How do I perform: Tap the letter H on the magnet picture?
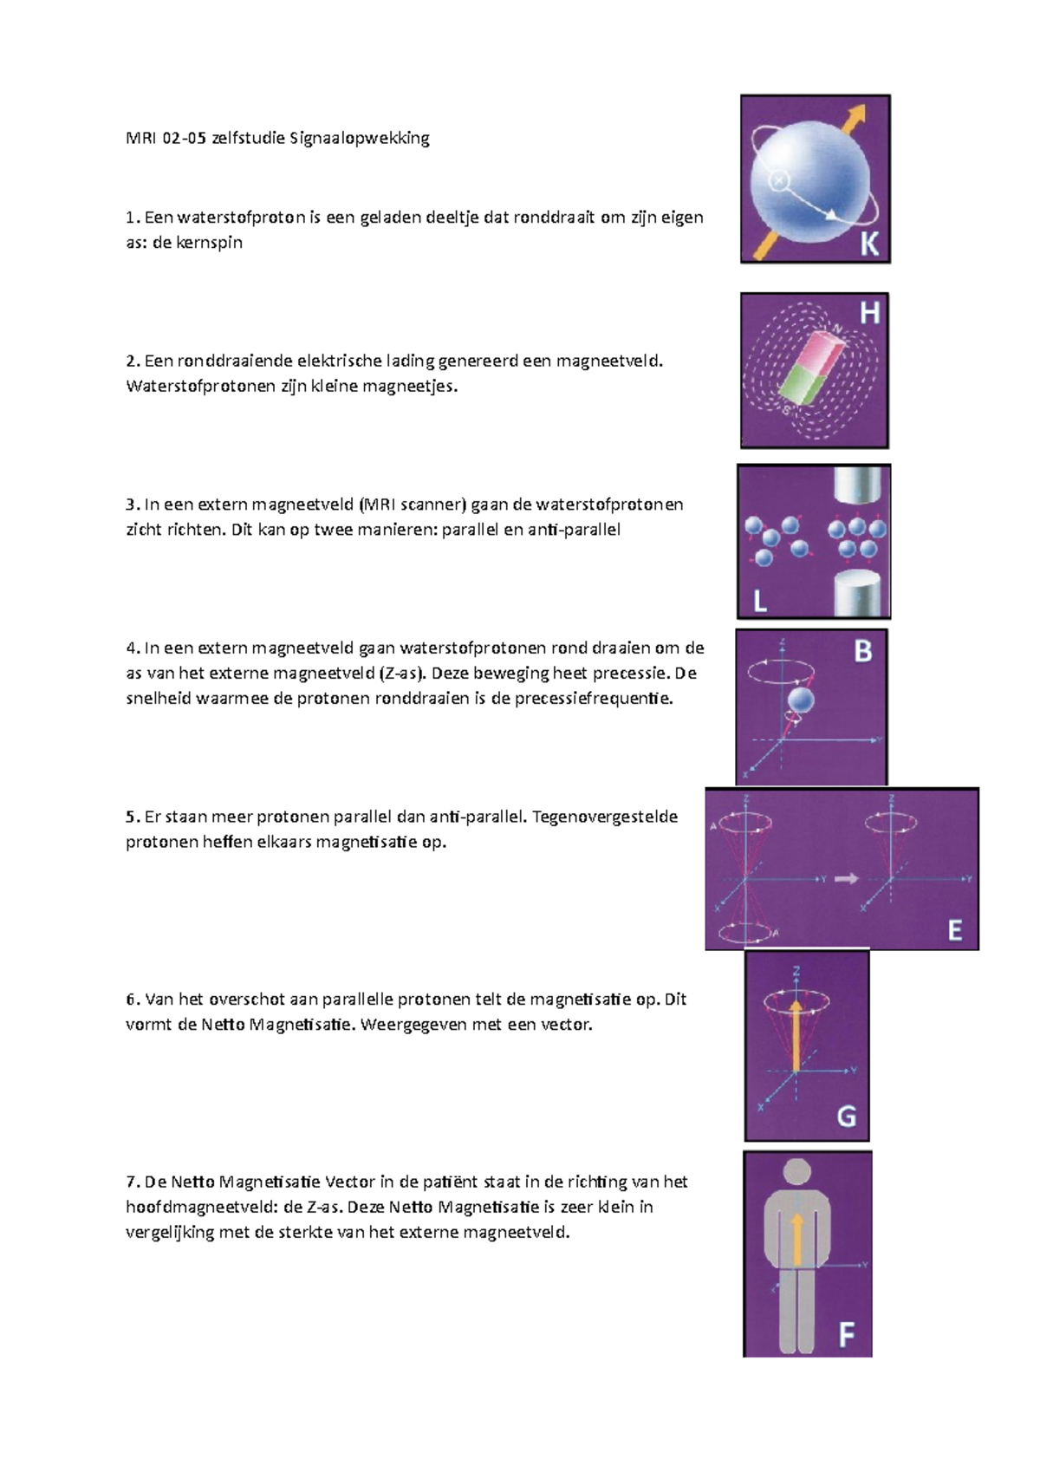pos(868,313)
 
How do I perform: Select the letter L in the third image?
pos(760,599)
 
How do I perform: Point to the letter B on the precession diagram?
pos(863,651)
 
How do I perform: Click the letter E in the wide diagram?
pos(954,930)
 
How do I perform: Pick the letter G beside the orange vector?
pos(846,1116)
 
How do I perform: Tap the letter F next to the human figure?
pos(846,1336)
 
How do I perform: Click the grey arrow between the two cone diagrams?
pos(846,879)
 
